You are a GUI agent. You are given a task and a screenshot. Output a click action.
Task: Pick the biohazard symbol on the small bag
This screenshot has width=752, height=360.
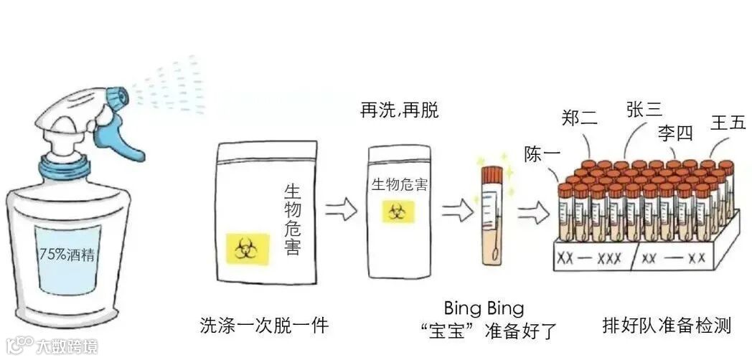[x=397, y=212]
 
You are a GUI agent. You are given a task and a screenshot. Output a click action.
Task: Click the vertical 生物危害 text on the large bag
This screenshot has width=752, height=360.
[x=292, y=219]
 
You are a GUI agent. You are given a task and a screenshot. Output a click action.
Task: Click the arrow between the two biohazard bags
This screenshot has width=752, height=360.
[x=341, y=209]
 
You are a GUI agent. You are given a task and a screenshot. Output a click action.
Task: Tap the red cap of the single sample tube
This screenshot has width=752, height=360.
[x=492, y=174]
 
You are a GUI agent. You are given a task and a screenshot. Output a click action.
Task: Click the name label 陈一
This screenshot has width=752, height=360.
[x=540, y=154]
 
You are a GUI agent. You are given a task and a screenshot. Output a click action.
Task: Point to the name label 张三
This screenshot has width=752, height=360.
[x=643, y=109]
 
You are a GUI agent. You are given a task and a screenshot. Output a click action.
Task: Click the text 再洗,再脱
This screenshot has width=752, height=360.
[x=399, y=110]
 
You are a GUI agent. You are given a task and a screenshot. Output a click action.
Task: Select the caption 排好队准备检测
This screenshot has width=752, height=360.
[x=667, y=326]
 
